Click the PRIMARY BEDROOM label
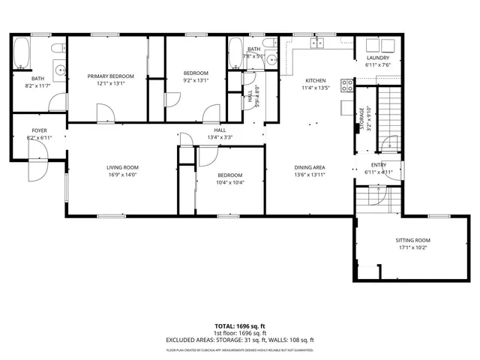tap(110, 76)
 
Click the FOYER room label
tap(38, 130)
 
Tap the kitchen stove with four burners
tap(347, 85)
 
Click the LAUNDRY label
tap(376, 58)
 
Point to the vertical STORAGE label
tap(362, 118)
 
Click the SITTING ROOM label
tap(413, 240)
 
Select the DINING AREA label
tap(309, 167)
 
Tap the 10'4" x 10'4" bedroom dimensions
tap(229, 182)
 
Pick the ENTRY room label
tap(379, 165)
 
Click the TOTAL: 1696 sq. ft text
tap(240, 326)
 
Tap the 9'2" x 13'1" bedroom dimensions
tap(196, 80)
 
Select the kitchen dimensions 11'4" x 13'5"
tap(316, 88)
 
